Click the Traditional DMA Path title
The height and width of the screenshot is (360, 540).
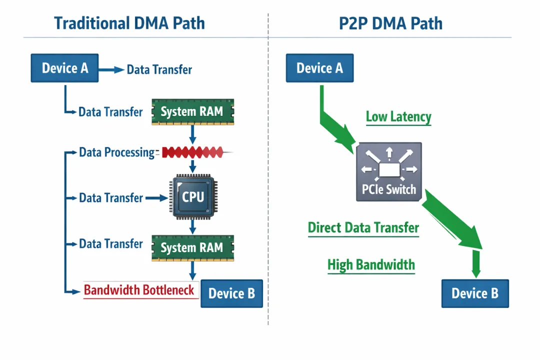coord(129,23)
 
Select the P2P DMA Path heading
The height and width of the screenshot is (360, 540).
coord(390,23)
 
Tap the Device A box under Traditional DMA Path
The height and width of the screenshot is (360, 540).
coord(65,68)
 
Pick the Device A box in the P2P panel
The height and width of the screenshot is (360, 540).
coord(319,68)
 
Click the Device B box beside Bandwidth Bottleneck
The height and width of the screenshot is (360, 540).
coord(231,293)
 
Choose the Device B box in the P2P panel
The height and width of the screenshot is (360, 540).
coord(474,293)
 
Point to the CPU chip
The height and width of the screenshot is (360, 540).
coord(192,197)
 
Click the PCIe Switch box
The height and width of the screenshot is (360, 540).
coord(388,172)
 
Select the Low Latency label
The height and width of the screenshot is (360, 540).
coord(398,117)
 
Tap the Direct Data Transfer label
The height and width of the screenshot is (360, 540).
coord(363,228)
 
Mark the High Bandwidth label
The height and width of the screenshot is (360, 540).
coord(371,264)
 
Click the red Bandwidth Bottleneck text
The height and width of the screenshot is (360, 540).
coord(139,290)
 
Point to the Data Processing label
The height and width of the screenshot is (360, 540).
coord(117,152)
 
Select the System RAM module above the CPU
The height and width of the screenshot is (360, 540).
coord(191,111)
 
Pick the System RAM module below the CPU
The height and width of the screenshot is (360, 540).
coord(192,247)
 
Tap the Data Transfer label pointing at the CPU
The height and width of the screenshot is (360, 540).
coord(111,198)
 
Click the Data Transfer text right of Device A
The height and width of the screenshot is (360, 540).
coord(159,69)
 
